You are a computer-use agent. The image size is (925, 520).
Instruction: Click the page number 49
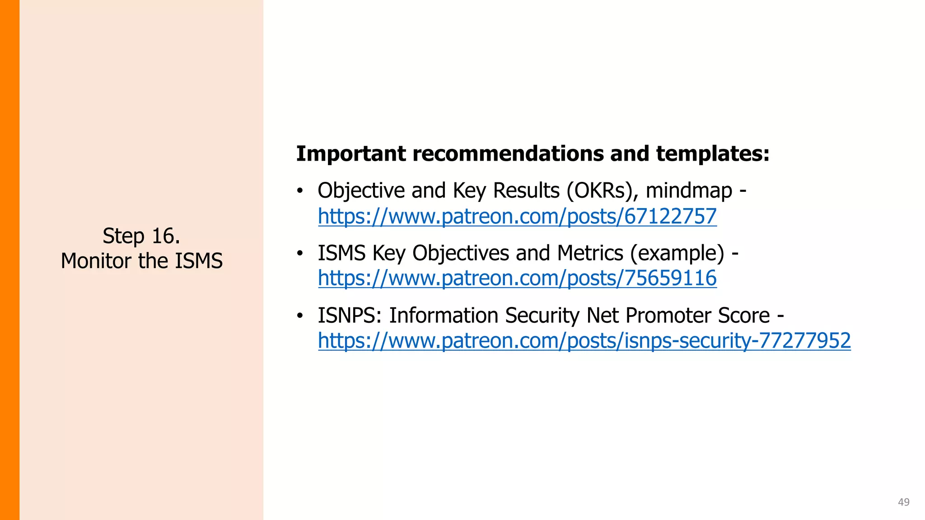click(903, 502)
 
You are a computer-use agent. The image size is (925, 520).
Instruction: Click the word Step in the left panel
click(123, 237)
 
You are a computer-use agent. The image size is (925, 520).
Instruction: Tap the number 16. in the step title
click(166, 236)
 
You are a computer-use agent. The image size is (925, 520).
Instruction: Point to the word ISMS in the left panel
click(199, 261)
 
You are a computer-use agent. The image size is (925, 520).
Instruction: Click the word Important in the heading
click(351, 153)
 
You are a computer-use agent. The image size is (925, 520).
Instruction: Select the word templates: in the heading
click(712, 153)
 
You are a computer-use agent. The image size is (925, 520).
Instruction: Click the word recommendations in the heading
click(508, 153)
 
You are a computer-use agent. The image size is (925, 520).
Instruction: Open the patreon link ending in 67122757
click(517, 216)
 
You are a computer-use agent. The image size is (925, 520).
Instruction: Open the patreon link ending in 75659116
click(517, 278)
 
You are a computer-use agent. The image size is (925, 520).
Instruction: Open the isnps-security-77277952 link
click(584, 340)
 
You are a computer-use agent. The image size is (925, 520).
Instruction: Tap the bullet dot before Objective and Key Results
click(299, 191)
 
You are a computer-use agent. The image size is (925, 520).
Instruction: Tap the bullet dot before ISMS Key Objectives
click(299, 253)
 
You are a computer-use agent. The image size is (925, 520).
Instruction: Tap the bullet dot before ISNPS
click(299, 316)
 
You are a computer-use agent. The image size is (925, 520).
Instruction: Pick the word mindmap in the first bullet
click(689, 190)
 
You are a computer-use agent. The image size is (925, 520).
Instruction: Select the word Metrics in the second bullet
click(590, 253)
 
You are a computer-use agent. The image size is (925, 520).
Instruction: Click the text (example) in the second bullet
click(677, 253)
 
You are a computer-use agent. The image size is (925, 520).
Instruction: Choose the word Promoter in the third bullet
click(668, 315)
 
